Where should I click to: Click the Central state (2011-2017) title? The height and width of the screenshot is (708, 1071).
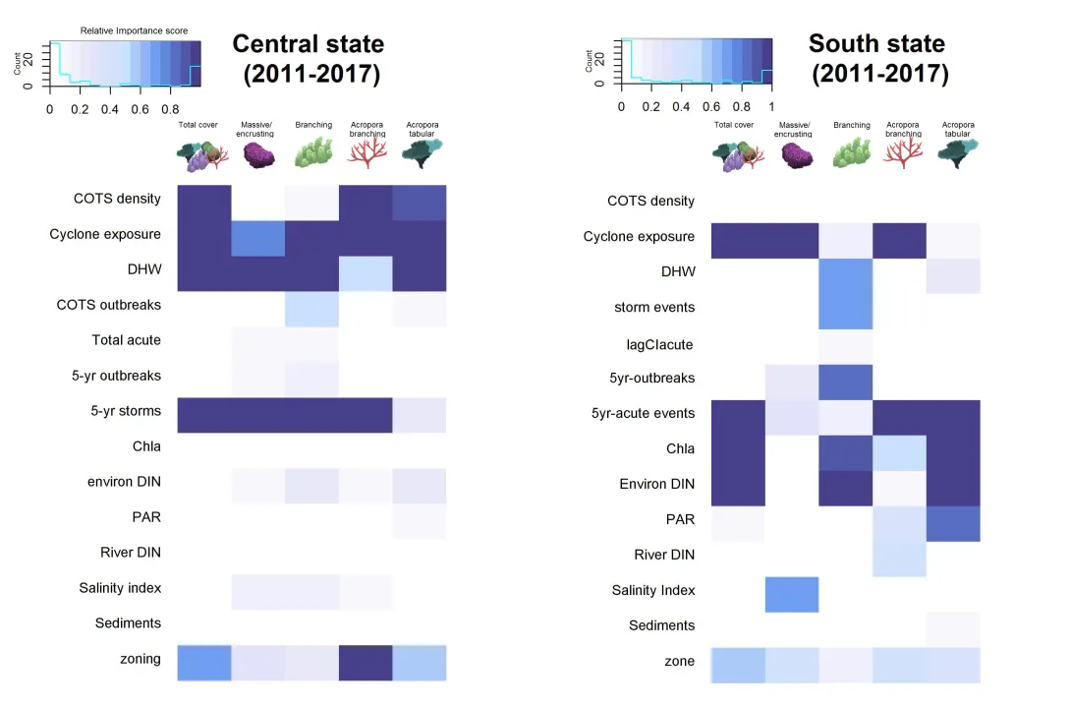coord(309,59)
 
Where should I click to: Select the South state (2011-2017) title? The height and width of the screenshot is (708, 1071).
coord(878,59)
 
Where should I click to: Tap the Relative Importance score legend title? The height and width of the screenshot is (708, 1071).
coord(134,30)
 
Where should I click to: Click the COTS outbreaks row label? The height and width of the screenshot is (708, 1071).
coord(109,305)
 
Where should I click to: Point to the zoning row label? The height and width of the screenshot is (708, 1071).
coord(141,659)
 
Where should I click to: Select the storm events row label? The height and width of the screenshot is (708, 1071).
coord(654,308)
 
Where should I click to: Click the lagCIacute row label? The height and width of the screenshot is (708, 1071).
coord(660,344)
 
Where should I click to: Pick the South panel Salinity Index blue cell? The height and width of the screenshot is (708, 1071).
coord(792,595)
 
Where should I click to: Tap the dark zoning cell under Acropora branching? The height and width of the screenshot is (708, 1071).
coord(366,663)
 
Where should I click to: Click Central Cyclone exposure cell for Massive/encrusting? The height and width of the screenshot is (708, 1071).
coord(258,239)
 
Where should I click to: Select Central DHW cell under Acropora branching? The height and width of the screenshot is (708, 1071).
coord(366,273)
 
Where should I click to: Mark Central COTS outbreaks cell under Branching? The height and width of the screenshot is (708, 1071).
coord(311,309)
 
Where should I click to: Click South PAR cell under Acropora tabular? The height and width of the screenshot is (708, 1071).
coord(953,524)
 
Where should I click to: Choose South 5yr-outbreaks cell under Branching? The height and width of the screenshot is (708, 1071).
coord(846,383)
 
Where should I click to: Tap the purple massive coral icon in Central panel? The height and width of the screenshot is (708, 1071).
coord(258,155)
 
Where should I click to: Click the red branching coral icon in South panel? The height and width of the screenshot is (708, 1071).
coord(903,153)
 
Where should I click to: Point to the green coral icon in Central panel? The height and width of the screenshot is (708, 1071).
coord(313,152)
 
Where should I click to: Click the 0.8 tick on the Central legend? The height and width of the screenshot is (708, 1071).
coord(170,109)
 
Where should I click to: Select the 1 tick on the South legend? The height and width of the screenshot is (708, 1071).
coord(772,106)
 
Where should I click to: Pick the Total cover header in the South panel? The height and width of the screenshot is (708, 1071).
coord(734,125)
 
